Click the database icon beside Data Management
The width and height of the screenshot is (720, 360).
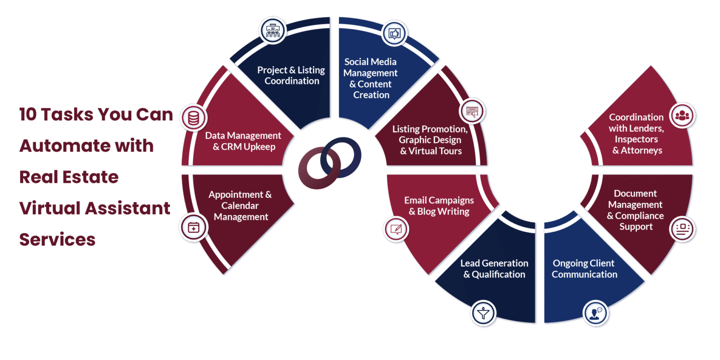click(193, 118)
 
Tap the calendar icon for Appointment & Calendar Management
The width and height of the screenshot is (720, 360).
click(193, 228)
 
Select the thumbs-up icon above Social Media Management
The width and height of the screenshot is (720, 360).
click(394, 33)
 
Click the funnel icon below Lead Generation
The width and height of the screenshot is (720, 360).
click(483, 312)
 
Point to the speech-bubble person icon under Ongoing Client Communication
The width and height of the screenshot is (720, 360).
click(595, 312)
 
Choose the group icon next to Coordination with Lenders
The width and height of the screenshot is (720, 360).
click(682, 115)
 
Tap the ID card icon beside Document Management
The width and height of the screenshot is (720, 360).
click(682, 229)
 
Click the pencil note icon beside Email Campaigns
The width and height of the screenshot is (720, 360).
click(396, 229)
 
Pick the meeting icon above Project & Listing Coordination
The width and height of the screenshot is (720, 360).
click(272, 30)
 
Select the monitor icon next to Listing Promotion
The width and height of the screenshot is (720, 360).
click(472, 112)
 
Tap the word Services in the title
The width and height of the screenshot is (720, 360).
click(57, 240)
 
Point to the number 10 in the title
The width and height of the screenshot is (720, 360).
click(28, 114)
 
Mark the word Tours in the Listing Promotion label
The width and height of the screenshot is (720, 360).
click(450, 151)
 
